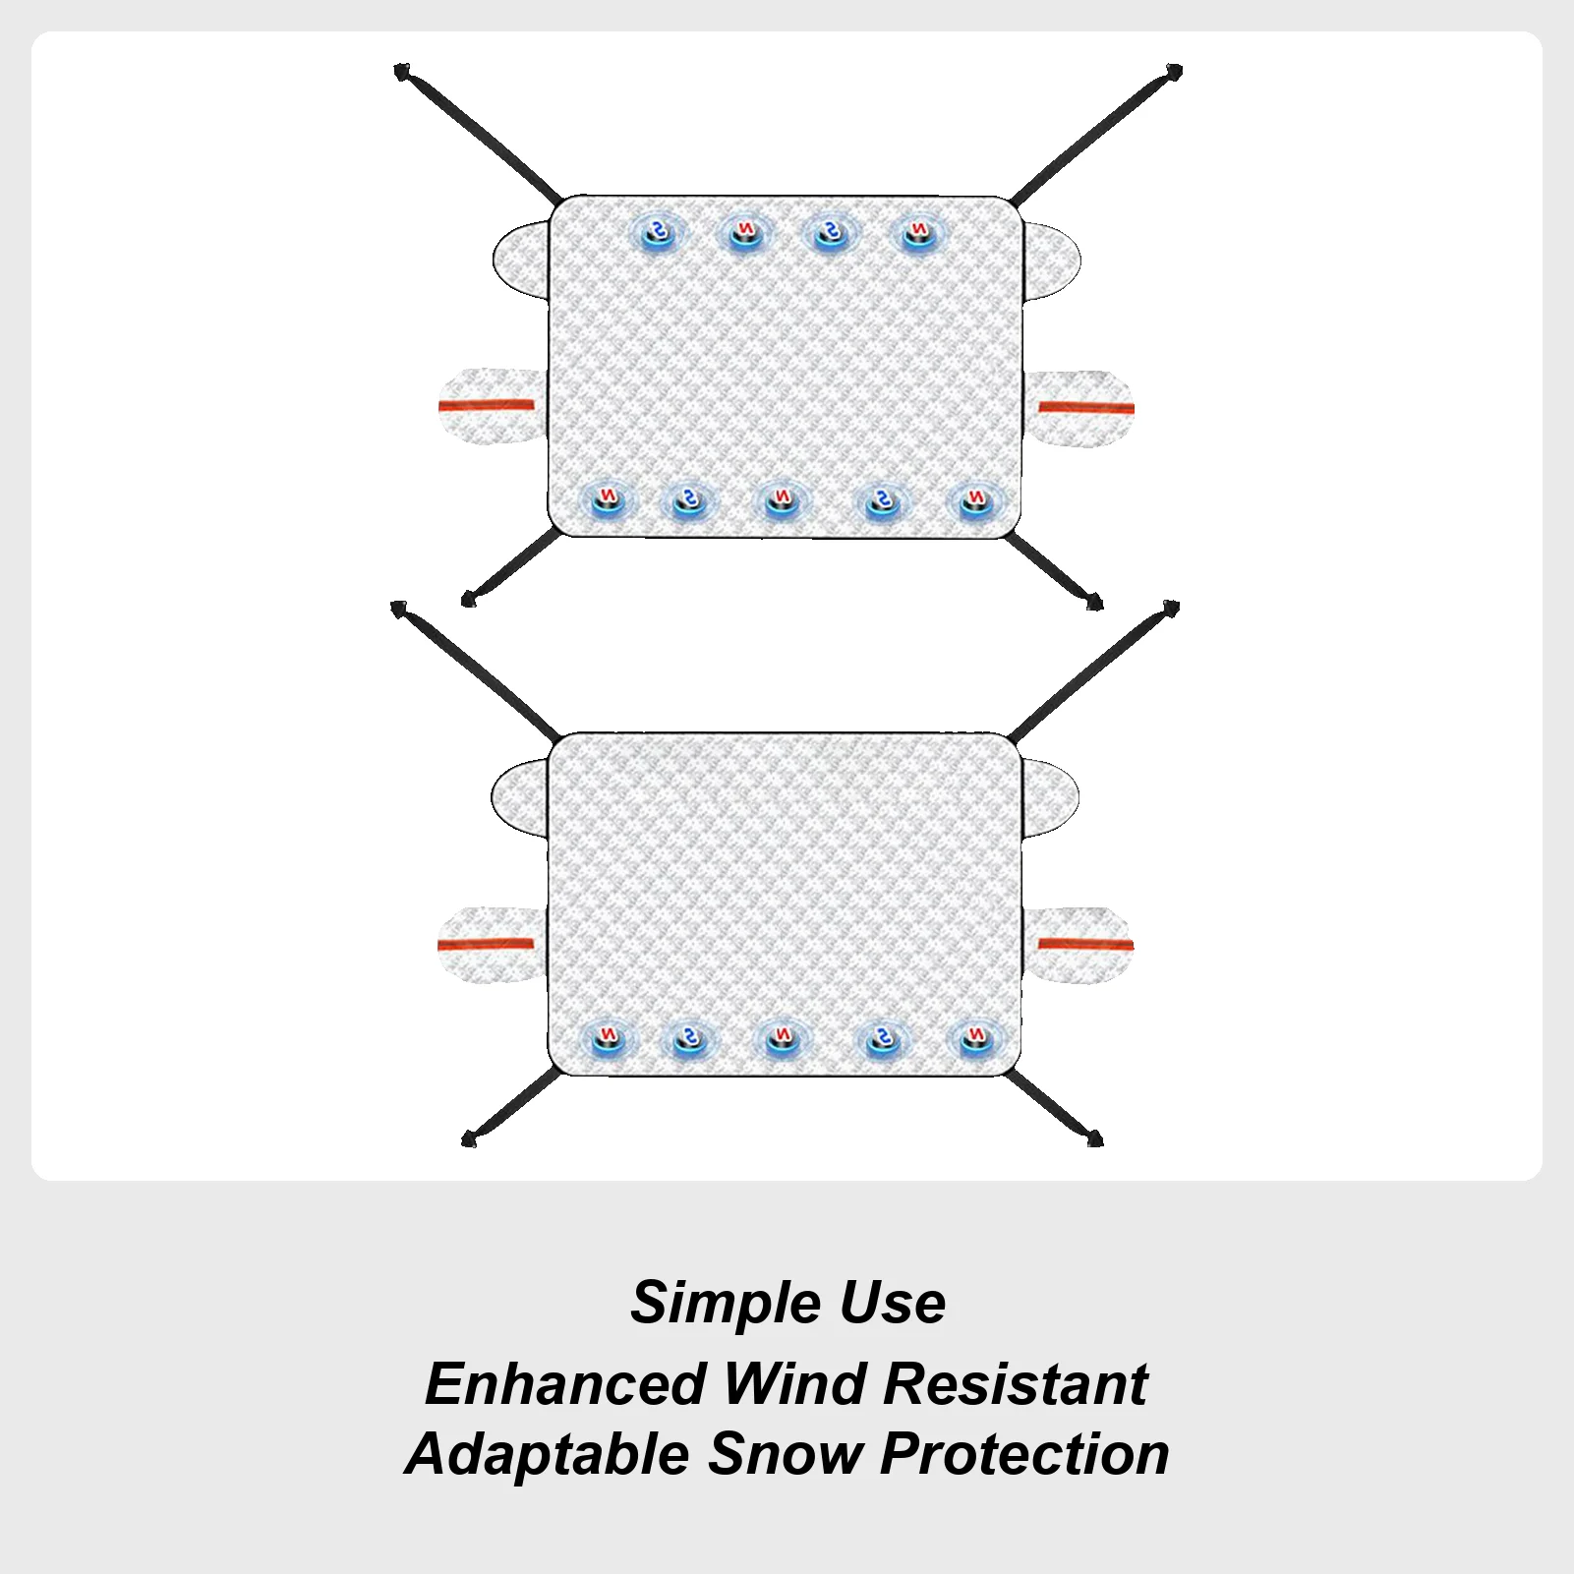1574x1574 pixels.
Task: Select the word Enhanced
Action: click(x=566, y=1384)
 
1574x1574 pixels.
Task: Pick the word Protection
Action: click(x=1024, y=1455)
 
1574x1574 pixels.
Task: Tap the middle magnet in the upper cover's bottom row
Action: click(x=781, y=500)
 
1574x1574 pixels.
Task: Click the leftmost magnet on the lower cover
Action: click(x=608, y=1037)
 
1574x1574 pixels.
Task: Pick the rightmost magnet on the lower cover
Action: click(x=974, y=1037)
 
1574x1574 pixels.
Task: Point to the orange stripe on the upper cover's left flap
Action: click(x=486, y=404)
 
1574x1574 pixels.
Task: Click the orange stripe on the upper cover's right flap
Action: click(x=1086, y=407)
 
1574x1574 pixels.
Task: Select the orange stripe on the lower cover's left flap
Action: click(x=486, y=944)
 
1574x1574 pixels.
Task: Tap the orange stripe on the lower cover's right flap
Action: click(x=1085, y=945)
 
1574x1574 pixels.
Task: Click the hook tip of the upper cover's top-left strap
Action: click(x=401, y=71)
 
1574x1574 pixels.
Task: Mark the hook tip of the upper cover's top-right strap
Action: click(x=1174, y=71)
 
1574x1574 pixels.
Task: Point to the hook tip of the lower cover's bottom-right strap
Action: click(x=1095, y=1138)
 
